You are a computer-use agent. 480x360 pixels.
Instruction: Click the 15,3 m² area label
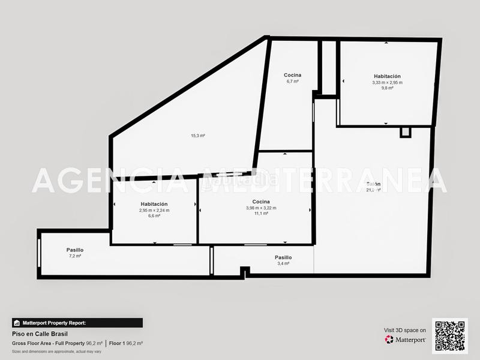[198, 136]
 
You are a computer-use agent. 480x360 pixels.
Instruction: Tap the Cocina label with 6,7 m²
[293, 75]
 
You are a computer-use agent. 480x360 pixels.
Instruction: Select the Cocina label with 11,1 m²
[261, 202]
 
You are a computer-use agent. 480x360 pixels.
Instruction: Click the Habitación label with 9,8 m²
[387, 76]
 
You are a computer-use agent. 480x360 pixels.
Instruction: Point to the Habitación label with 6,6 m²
[154, 204]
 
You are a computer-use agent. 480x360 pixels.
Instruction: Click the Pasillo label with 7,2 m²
[75, 250]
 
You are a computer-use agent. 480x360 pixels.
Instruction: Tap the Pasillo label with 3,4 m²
[283, 257]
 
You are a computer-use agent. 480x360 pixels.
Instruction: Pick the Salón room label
[373, 184]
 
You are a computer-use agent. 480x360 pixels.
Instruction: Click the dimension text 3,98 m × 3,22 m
[261, 208]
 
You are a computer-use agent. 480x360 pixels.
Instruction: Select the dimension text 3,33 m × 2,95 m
[387, 82]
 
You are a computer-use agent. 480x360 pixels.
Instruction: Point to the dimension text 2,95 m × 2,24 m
[154, 210]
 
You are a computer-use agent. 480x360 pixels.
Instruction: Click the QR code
[449, 336]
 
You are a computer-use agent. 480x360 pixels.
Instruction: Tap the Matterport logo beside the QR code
[406, 340]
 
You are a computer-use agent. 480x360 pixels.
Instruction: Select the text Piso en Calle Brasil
[40, 334]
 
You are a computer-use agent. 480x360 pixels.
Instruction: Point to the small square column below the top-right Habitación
[406, 132]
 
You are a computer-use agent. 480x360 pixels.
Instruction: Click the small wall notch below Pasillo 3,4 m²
[245, 273]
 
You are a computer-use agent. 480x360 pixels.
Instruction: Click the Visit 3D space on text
[405, 330]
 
